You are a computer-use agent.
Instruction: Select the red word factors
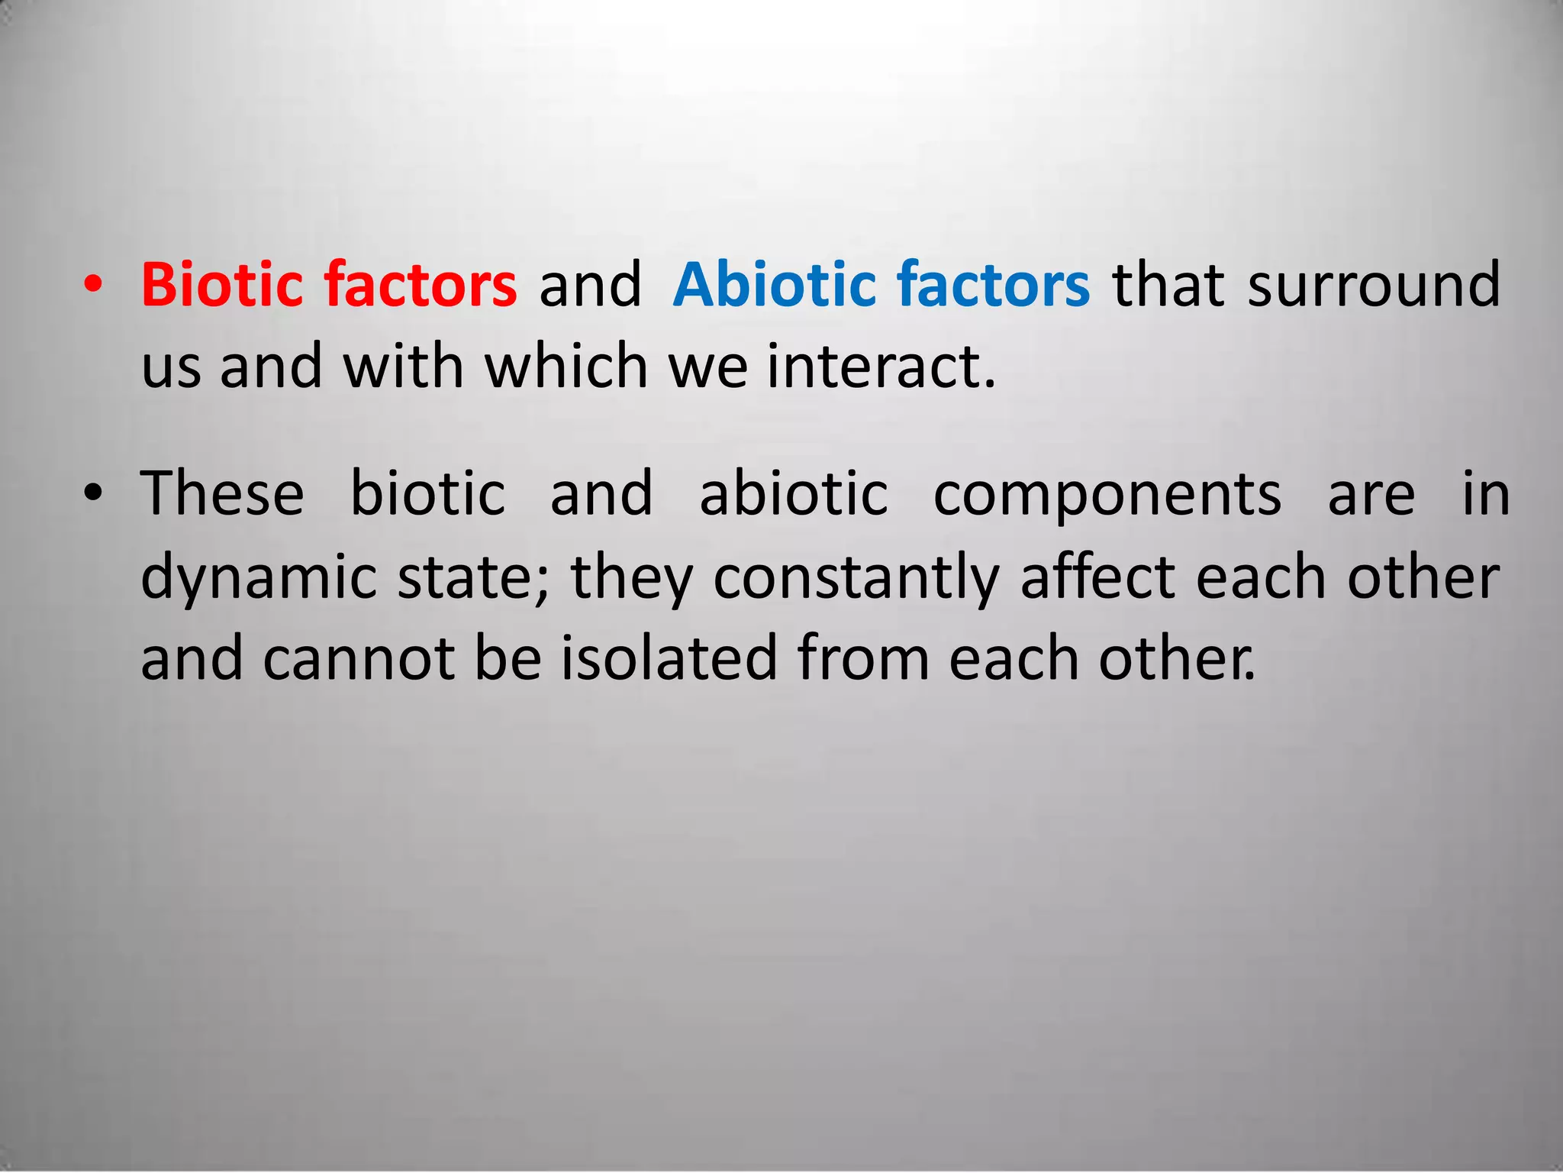[x=421, y=284]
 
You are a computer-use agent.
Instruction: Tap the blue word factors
[x=994, y=284]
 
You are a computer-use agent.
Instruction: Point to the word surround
[x=1374, y=284]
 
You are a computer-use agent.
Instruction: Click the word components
[x=1107, y=495]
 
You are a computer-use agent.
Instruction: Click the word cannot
[x=359, y=659]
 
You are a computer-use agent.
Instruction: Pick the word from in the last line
[x=863, y=658]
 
